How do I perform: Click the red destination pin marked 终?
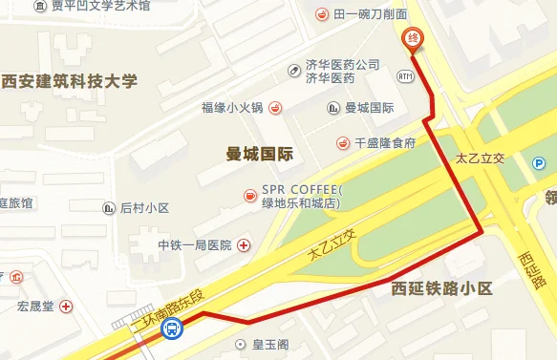(413, 38)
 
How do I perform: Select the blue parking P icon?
(540, 164)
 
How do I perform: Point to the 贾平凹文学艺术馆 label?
(100, 6)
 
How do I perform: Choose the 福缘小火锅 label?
(233, 107)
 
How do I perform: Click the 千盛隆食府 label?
(385, 143)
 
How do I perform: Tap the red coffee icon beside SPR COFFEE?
(249, 196)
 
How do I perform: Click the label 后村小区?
(144, 208)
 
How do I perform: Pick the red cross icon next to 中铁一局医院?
(244, 245)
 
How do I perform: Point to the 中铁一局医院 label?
(195, 245)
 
